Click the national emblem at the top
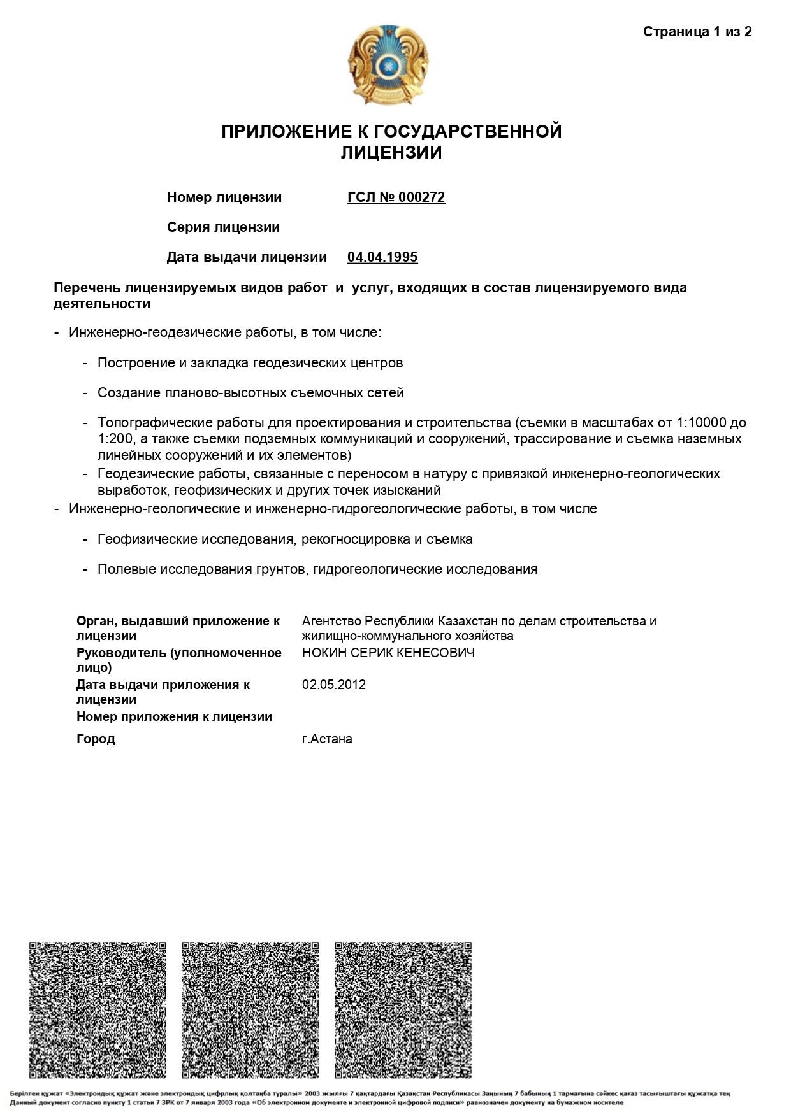tap(388, 65)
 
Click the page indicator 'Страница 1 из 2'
tap(697, 32)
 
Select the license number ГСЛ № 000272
tap(396, 197)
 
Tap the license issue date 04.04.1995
tap(382, 257)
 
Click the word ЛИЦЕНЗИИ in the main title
tap(391, 153)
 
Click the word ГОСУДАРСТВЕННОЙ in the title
tap(467, 132)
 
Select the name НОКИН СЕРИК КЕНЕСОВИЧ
tap(388, 653)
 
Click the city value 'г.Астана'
tap(327, 739)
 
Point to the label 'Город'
tap(96, 739)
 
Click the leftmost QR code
tap(98, 1010)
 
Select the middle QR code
tap(250, 1010)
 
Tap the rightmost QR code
tap(403, 1010)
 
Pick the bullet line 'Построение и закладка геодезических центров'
tap(250, 363)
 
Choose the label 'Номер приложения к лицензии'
tap(174, 716)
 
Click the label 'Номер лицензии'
tap(224, 197)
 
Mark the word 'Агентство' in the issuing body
tap(330, 621)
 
